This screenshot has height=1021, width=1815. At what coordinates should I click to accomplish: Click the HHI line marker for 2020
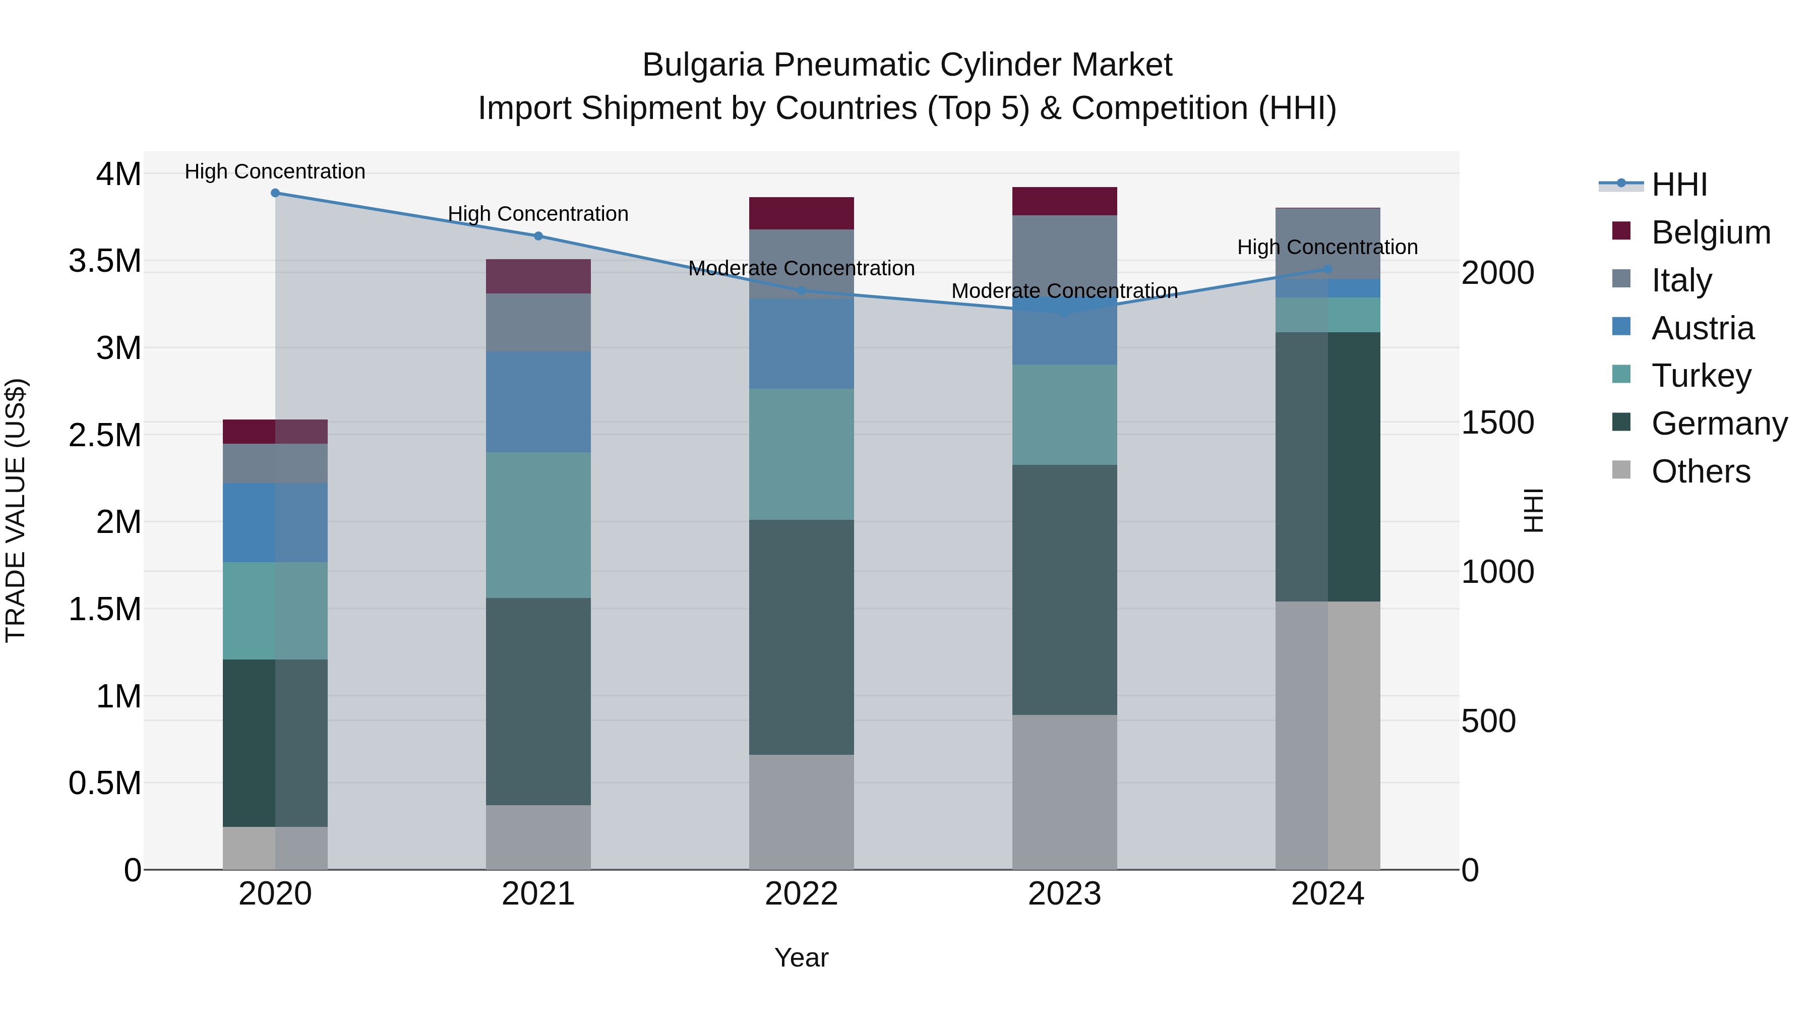(275, 193)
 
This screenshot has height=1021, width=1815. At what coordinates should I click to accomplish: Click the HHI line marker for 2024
(1327, 269)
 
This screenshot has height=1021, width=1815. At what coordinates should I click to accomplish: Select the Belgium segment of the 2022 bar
(801, 213)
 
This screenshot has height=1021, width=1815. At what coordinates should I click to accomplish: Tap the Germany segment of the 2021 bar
(538, 701)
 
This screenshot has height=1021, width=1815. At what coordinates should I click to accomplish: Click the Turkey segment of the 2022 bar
(801, 454)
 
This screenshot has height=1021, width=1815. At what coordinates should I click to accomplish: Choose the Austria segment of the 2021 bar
(538, 402)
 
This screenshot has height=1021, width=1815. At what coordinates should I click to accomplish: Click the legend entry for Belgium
(1710, 232)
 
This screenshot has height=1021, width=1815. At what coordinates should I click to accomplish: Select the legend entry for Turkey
(1701, 376)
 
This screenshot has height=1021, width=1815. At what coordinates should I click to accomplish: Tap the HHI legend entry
(1679, 185)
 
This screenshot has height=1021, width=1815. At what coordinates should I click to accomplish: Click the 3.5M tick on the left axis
(104, 261)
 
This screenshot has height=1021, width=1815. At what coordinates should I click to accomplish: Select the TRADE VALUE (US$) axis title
(16, 510)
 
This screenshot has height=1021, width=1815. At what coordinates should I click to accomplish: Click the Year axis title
(801, 957)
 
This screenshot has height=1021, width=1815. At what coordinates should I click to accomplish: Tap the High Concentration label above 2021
(538, 213)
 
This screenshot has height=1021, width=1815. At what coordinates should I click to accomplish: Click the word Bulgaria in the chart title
(702, 65)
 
